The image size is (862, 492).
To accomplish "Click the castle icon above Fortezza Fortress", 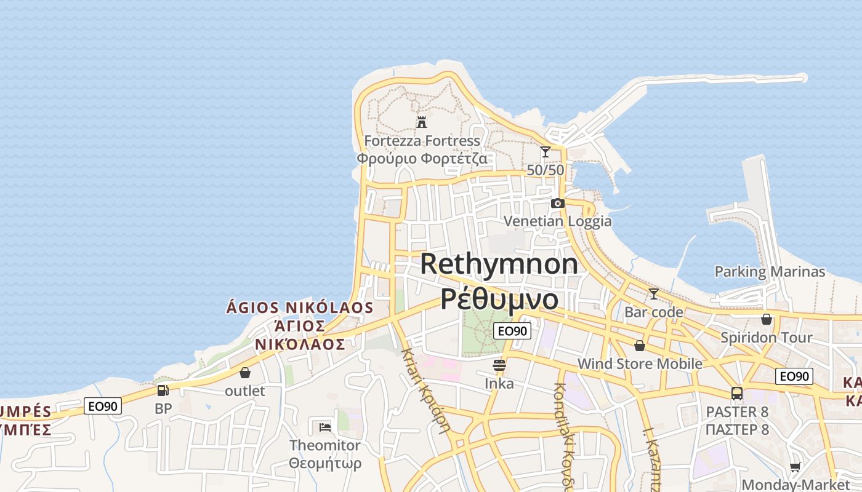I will click(x=422, y=122).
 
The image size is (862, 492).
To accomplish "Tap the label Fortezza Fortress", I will click(x=422, y=141).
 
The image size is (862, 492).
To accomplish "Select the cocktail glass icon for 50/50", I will click(x=545, y=151).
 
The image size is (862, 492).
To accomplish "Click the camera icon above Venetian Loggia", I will click(x=557, y=203).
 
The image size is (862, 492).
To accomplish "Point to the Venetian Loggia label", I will click(x=557, y=221).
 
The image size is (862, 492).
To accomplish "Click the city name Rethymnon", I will click(x=499, y=264).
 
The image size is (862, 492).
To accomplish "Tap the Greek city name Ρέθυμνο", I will click(x=499, y=299).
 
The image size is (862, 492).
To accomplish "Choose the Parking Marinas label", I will click(x=770, y=271).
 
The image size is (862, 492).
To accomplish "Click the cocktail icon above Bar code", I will click(x=653, y=294).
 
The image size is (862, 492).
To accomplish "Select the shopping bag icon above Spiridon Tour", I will click(x=767, y=319).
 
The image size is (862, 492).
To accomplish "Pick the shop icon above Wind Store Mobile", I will click(x=640, y=346).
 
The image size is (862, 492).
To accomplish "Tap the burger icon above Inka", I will click(x=499, y=365).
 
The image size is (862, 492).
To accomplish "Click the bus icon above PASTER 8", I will click(x=737, y=393).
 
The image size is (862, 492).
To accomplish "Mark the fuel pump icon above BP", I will click(x=163, y=390).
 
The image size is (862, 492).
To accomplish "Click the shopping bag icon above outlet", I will click(x=245, y=373).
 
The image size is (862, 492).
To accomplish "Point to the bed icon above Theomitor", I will click(x=325, y=427).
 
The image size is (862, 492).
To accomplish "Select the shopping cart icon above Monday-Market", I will click(x=795, y=467).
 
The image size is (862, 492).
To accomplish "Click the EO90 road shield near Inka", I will click(x=512, y=331).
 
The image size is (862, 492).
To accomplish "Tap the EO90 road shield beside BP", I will click(x=103, y=406).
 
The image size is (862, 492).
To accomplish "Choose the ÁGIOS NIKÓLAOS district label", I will click(x=300, y=307).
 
